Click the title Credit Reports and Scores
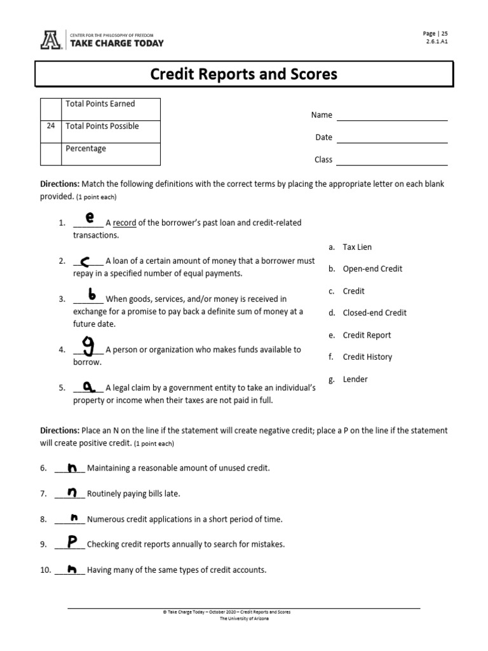243,74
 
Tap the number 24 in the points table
50,126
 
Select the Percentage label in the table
86,149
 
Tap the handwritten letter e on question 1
90,218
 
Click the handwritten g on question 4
90,346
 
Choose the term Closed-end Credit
374,313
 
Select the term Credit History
367,357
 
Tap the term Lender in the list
355,379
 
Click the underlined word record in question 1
125,223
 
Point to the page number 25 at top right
444,34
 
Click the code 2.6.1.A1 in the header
437,43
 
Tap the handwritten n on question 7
72,491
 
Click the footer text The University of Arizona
244,619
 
